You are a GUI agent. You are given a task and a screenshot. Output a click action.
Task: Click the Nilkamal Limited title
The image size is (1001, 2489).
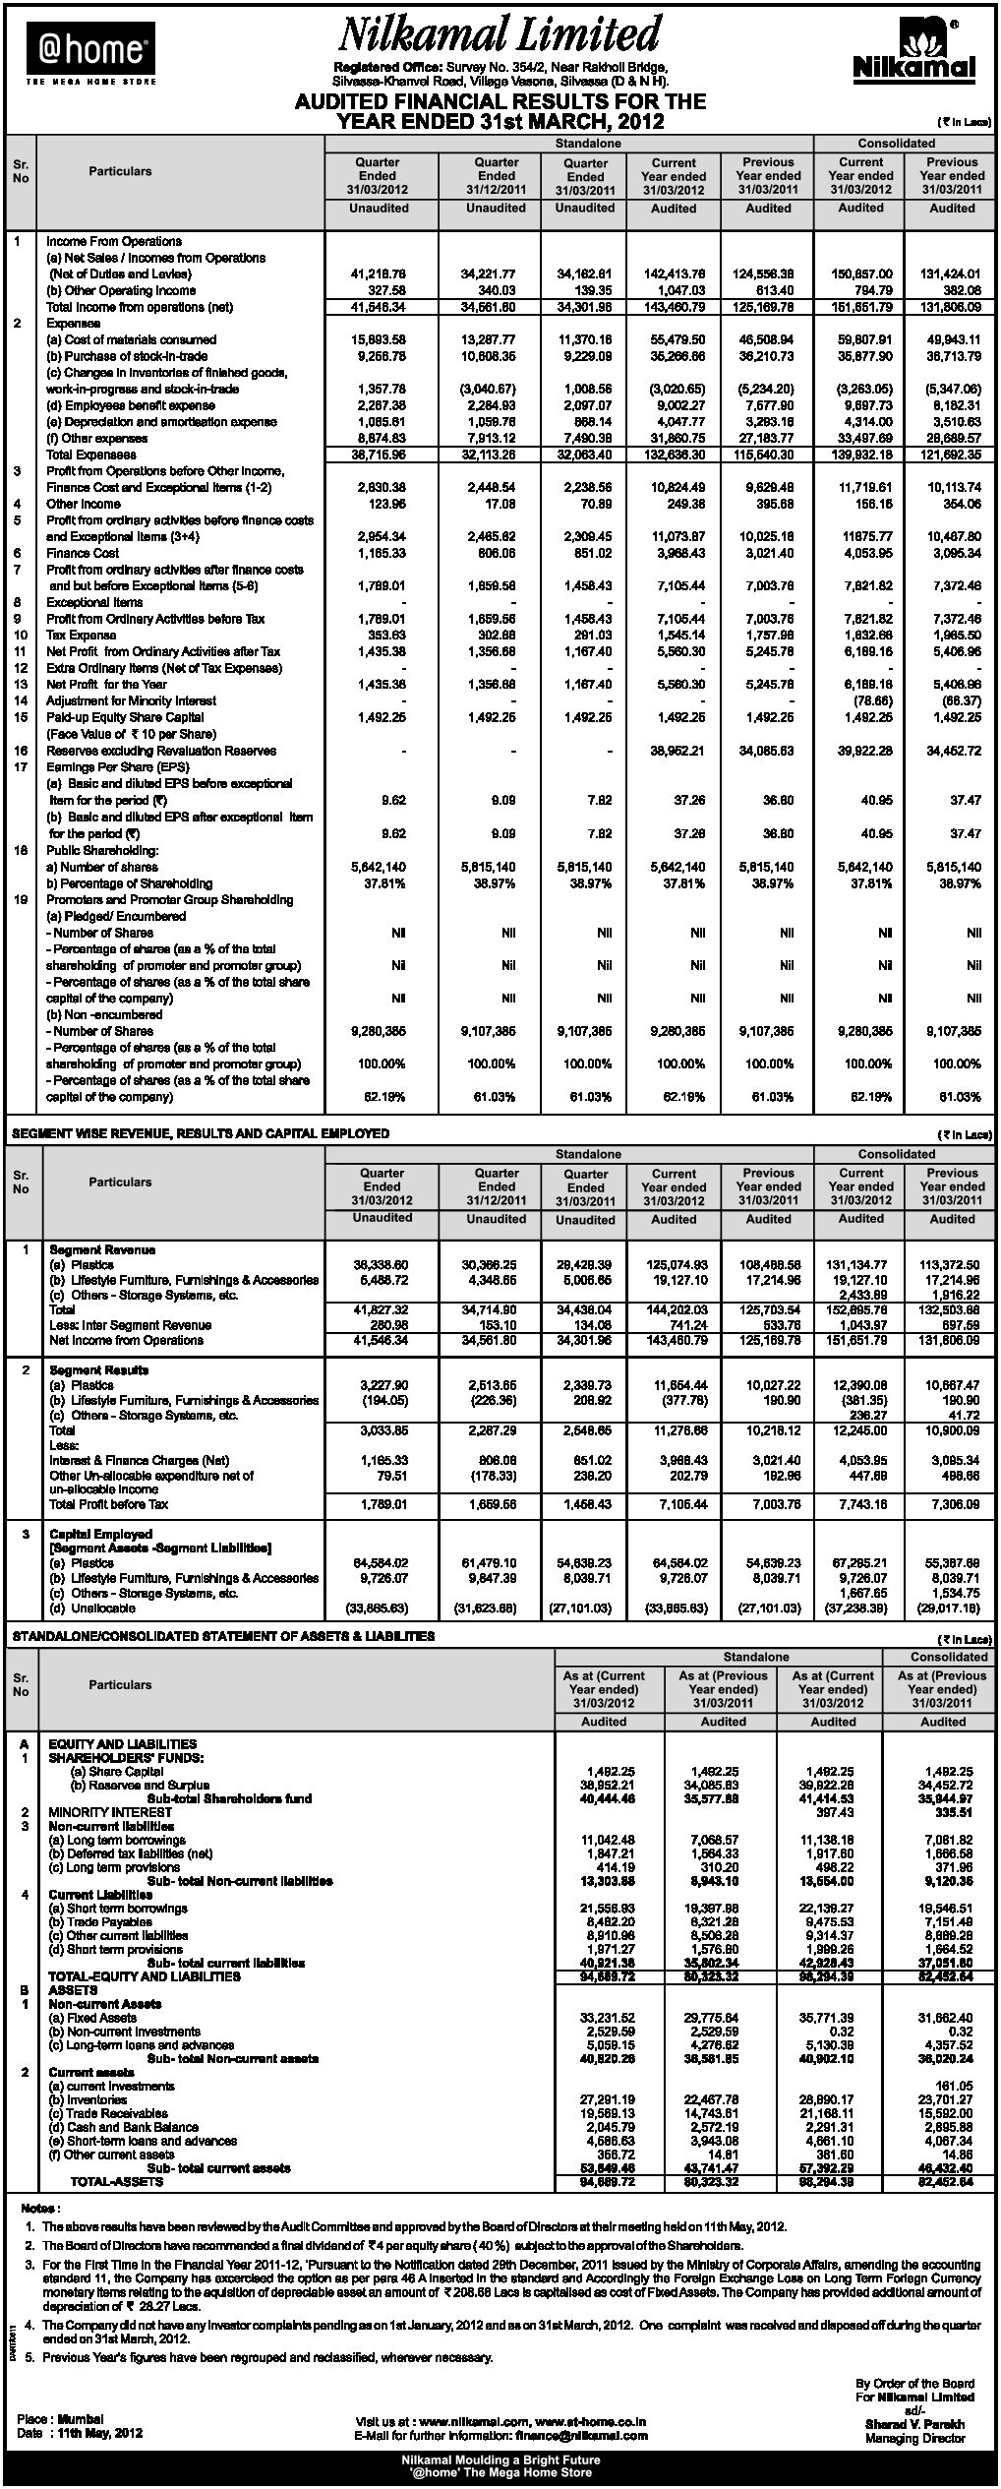point(500,35)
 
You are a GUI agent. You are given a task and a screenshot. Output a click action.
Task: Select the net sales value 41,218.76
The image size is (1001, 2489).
point(379,274)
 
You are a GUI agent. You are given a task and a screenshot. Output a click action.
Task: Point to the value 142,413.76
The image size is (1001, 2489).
point(673,274)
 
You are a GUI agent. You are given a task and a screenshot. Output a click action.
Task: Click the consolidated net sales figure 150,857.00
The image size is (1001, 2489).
point(861,274)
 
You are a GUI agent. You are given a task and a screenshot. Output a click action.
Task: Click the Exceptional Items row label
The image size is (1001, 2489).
point(94,602)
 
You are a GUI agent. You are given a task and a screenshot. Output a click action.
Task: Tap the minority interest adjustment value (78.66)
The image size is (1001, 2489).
point(870,700)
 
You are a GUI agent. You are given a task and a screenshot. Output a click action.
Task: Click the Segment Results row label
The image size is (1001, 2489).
point(98,1369)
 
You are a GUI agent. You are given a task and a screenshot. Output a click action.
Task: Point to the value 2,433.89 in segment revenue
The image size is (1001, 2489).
point(866,1296)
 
